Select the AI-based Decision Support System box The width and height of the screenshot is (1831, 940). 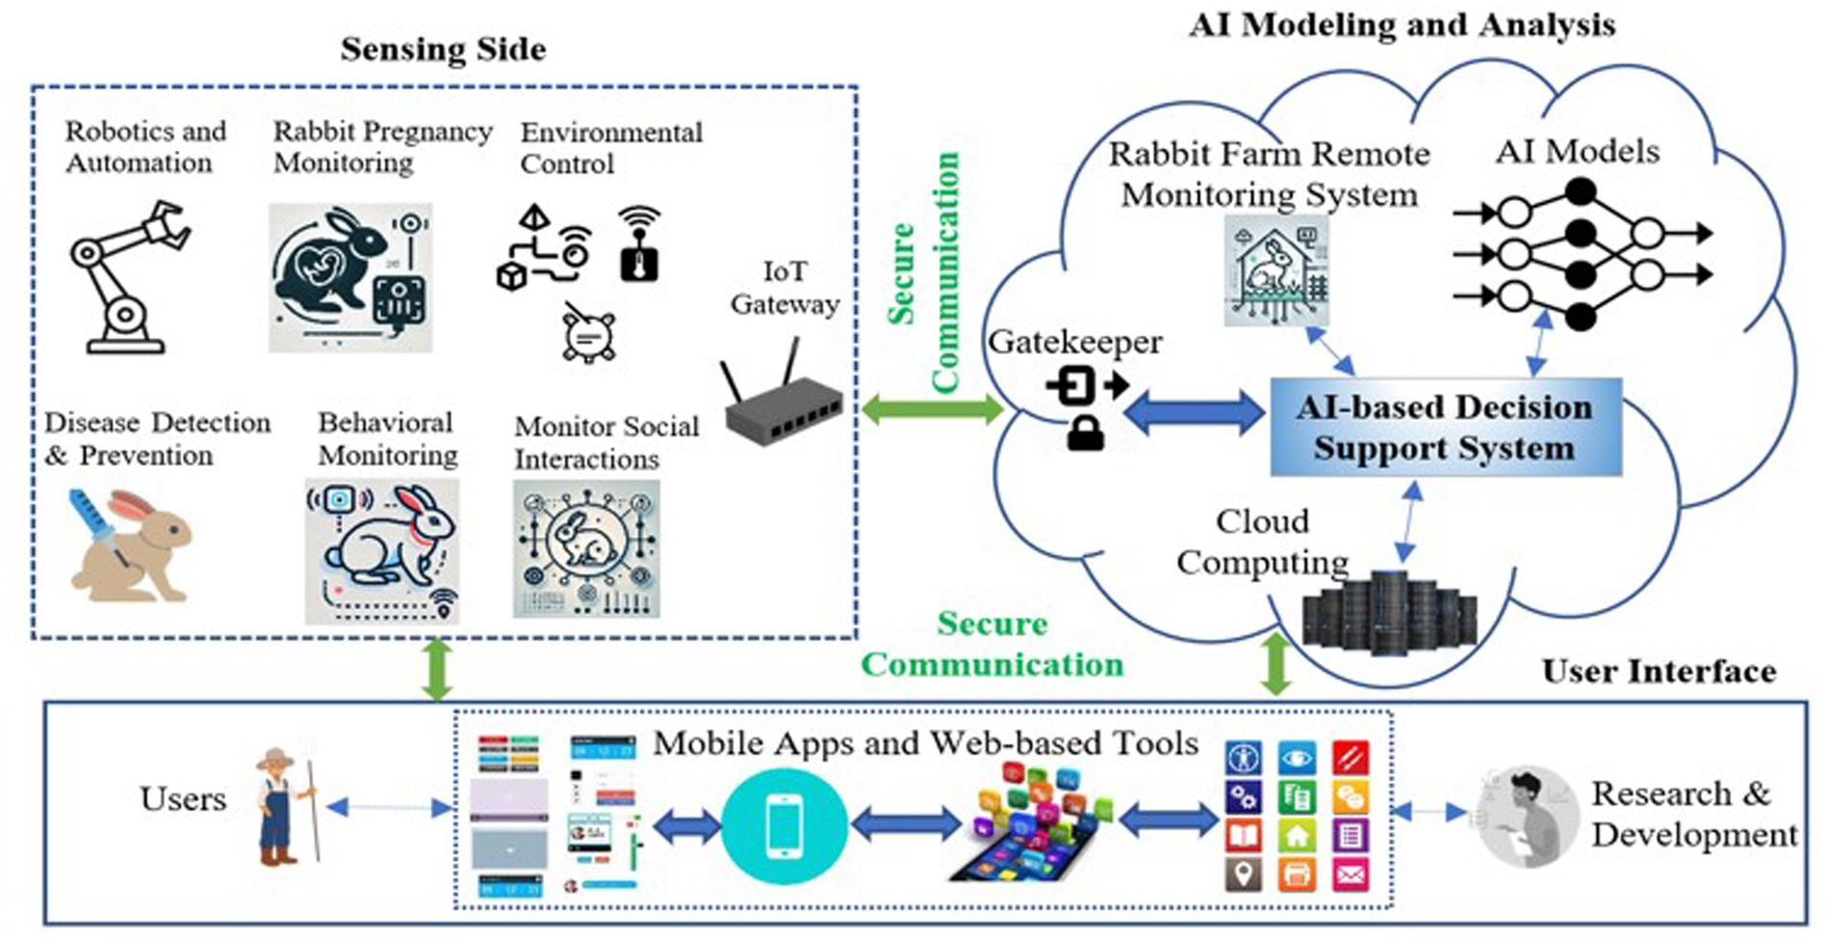point(1445,427)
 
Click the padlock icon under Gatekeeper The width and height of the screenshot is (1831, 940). point(1086,434)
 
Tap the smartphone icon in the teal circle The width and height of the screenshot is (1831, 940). point(784,826)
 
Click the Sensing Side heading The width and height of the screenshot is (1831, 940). point(443,49)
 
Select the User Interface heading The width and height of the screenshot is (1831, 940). point(1658,671)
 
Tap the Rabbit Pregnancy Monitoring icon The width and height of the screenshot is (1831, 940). point(350,277)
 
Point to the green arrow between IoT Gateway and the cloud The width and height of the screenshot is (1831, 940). point(932,410)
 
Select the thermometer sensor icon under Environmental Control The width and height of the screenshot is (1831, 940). point(639,245)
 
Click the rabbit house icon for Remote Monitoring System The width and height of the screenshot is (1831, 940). point(1277,270)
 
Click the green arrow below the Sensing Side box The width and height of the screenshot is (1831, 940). point(438,668)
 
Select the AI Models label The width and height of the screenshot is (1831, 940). point(1577,151)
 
